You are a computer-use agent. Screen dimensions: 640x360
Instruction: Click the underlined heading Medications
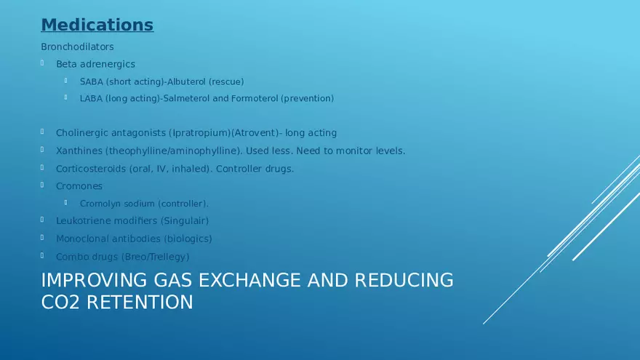coord(97,25)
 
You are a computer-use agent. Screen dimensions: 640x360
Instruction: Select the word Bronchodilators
coord(77,47)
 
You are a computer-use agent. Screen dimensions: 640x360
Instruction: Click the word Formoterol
coord(255,98)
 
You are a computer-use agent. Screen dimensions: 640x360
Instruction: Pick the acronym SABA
coord(92,81)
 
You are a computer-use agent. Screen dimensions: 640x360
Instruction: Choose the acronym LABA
coord(91,98)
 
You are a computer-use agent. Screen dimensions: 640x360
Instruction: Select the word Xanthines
coord(79,151)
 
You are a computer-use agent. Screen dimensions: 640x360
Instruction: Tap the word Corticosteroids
coord(91,169)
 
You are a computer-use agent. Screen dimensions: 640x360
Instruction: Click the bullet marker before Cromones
coord(42,185)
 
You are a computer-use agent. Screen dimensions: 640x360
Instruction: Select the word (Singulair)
coord(185,221)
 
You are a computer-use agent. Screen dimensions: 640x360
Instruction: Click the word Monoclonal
coord(80,239)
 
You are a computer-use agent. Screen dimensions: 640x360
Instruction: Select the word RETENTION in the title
coord(140,303)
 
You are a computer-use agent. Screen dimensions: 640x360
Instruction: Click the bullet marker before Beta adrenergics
coord(42,63)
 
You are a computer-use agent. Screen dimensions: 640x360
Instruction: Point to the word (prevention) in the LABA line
coord(308,98)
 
